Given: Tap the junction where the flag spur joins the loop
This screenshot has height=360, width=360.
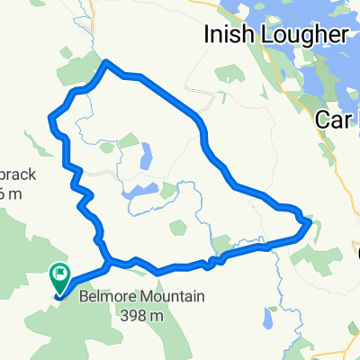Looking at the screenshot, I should [x=107, y=262].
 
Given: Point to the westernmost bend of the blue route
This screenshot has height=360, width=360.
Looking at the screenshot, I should [x=50, y=117].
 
